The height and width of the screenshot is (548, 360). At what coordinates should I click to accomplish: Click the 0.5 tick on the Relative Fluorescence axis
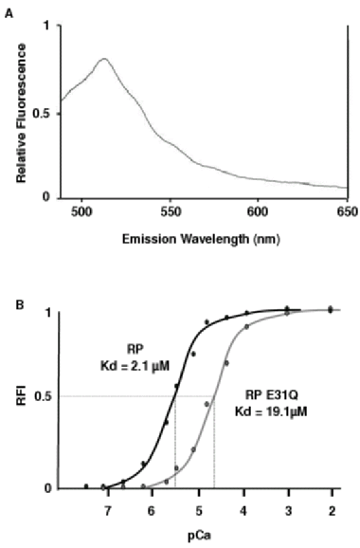(x=40, y=113)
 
